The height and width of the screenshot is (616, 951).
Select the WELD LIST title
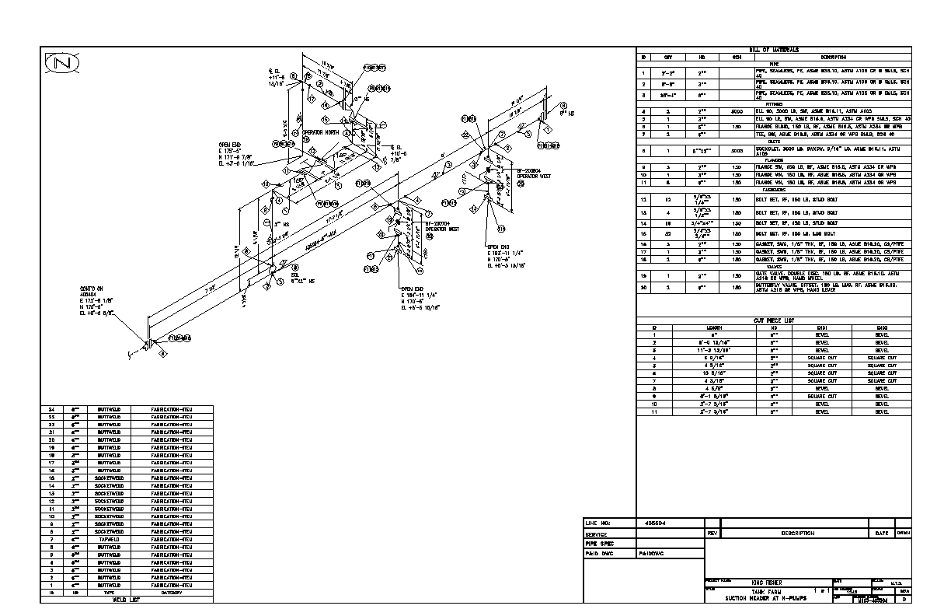click(126, 600)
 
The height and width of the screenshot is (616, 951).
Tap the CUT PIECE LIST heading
click(774, 320)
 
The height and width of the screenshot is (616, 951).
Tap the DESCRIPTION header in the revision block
click(797, 534)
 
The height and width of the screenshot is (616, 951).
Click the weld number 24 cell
click(52, 408)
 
